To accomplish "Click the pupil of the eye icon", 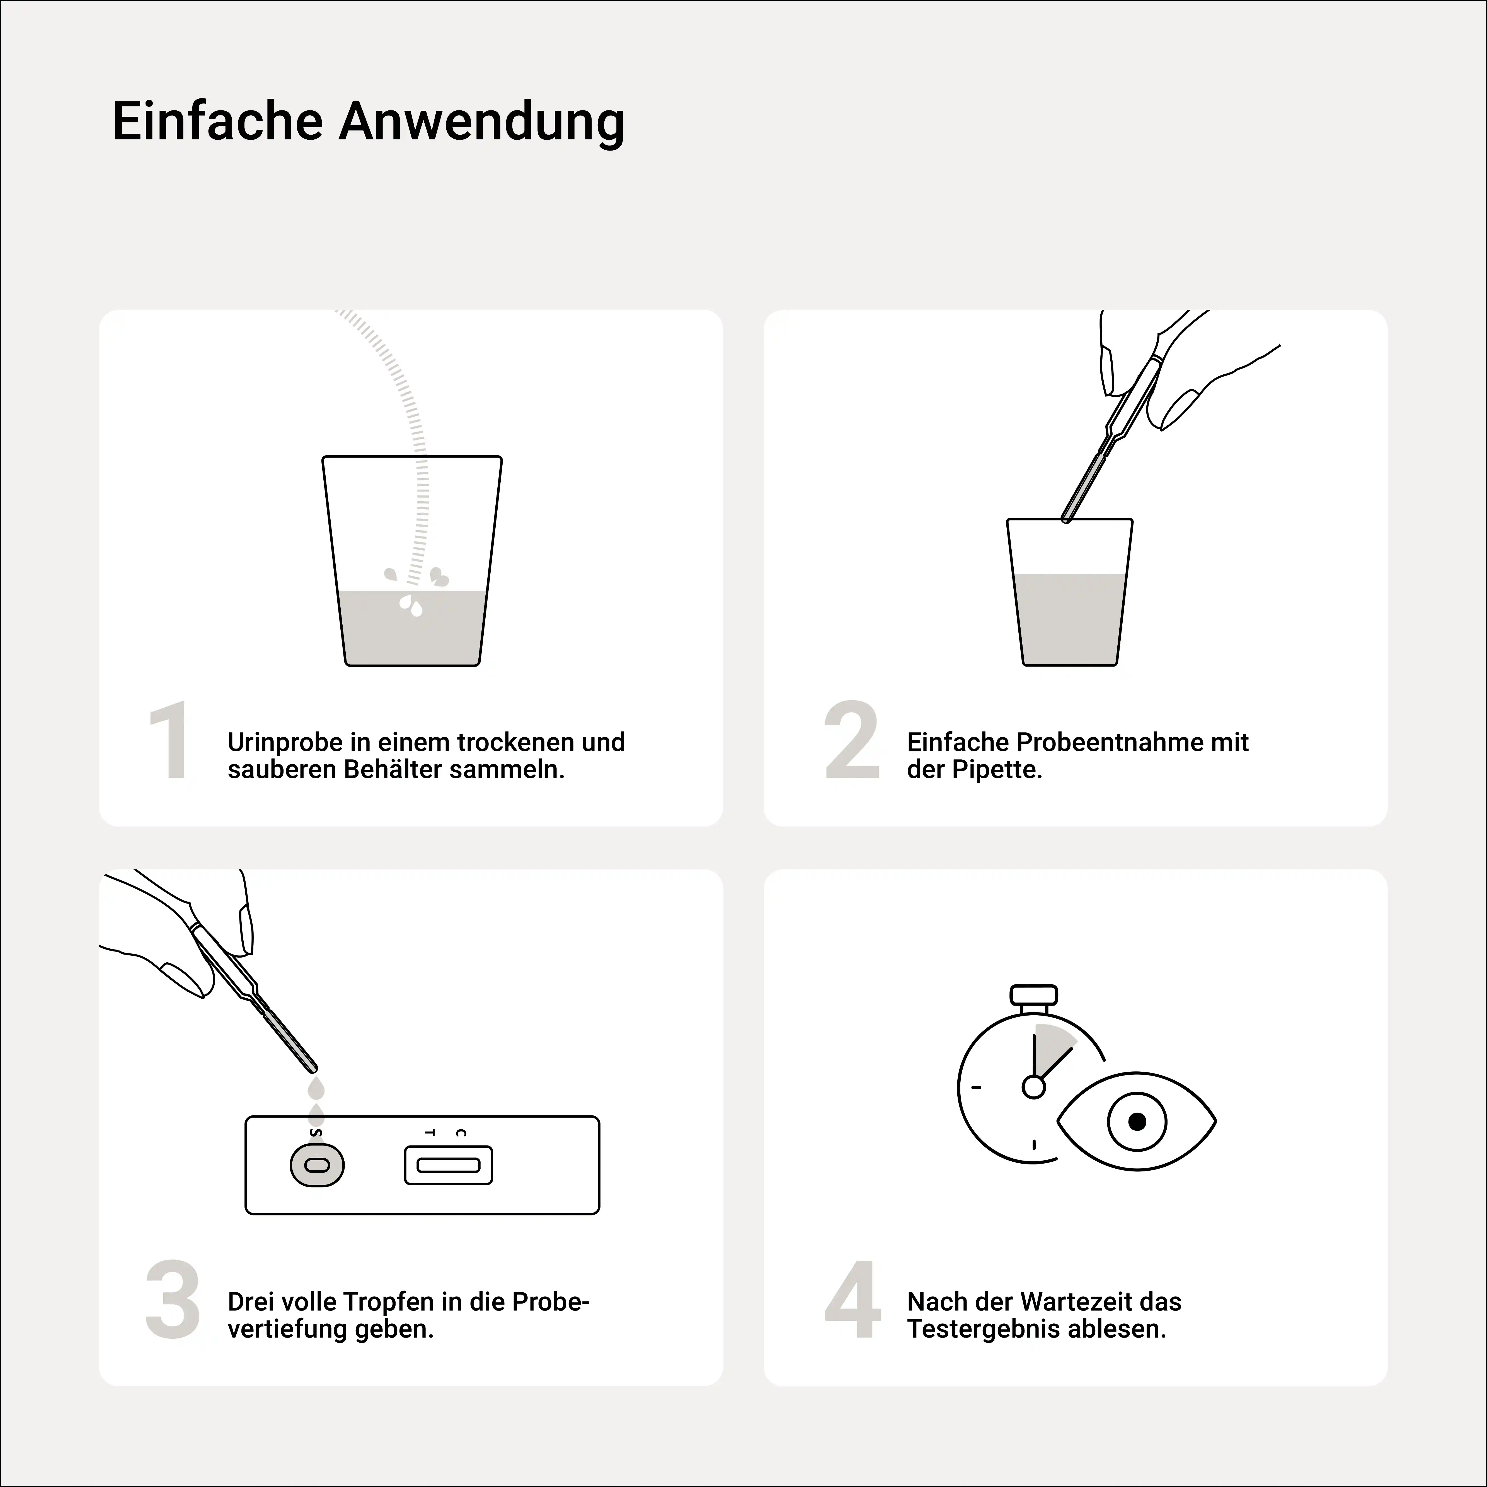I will (1137, 1122).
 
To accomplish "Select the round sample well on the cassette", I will (316, 1165).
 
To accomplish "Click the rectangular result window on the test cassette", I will (448, 1165).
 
